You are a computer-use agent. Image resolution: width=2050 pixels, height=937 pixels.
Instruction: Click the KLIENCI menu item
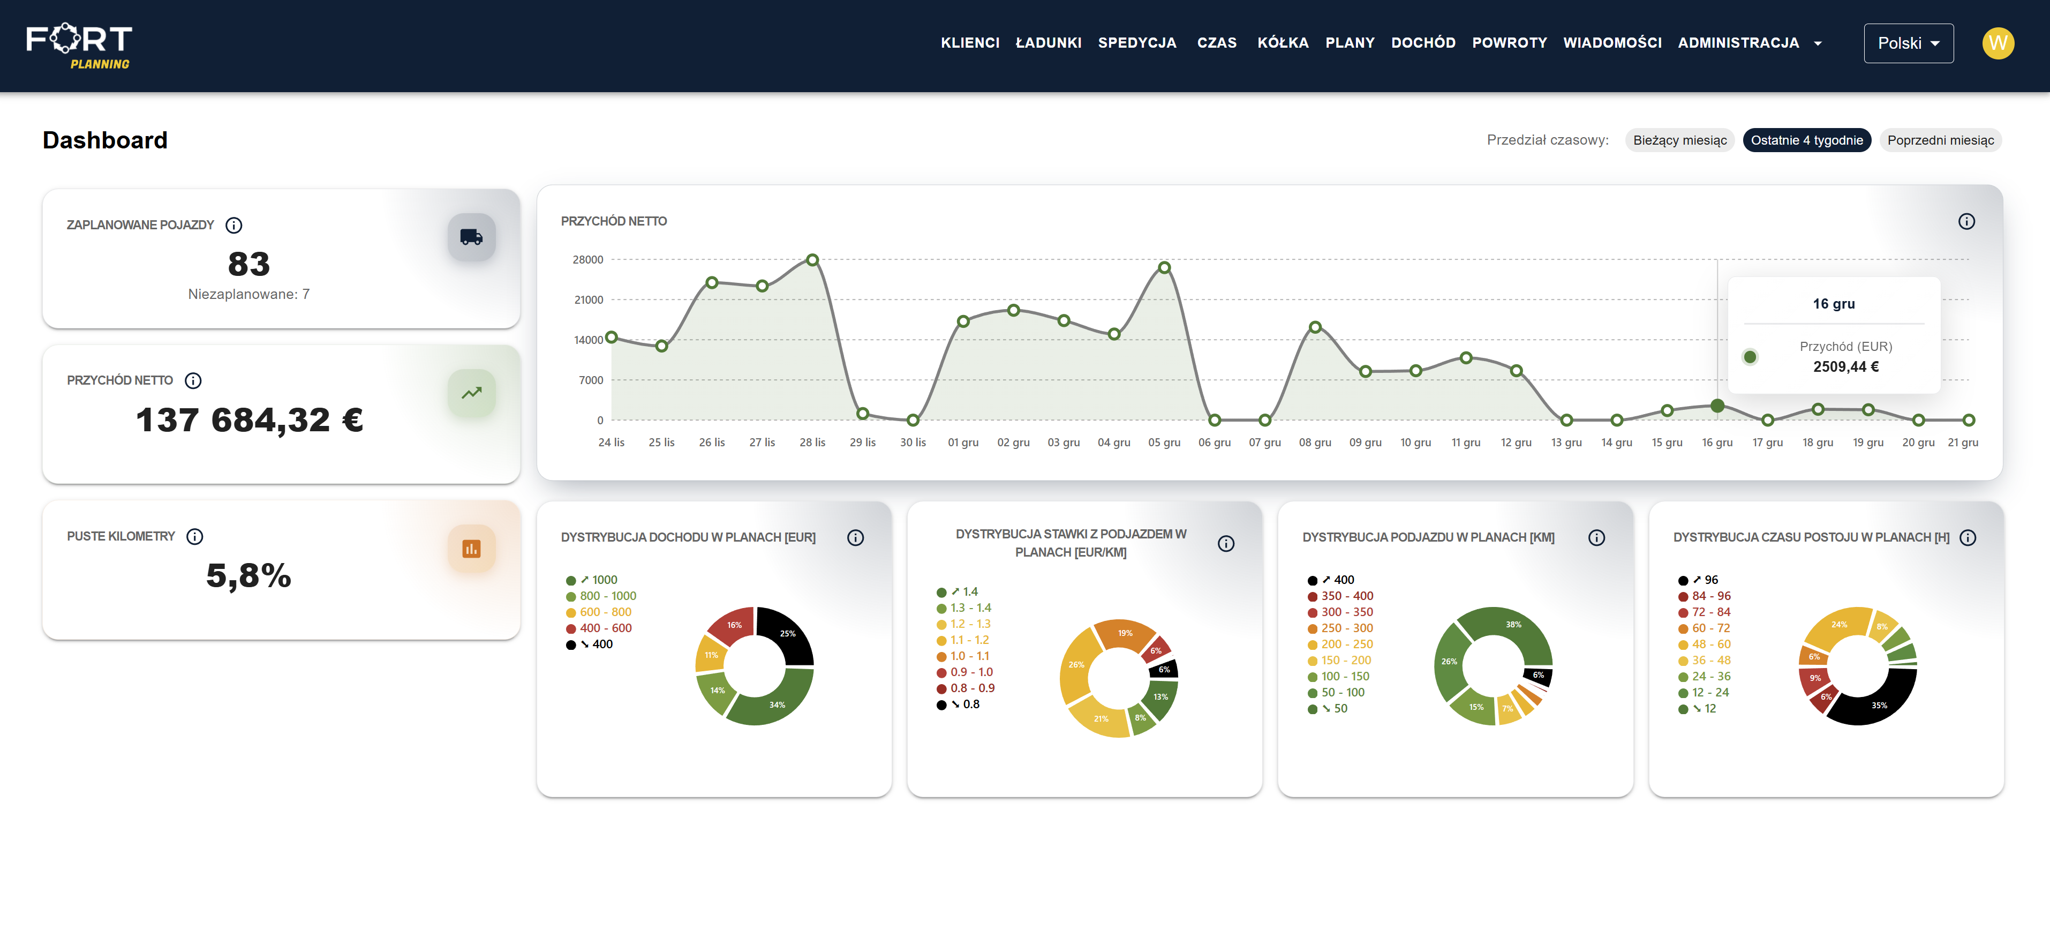point(969,43)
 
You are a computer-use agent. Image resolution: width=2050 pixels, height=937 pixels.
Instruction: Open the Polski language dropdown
point(1908,43)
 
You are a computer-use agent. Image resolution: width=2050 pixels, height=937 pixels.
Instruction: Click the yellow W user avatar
point(1998,43)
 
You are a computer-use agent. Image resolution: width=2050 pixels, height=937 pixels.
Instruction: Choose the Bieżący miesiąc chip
point(1679,140)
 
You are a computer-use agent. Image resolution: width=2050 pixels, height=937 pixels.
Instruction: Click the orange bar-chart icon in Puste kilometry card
point(471,549)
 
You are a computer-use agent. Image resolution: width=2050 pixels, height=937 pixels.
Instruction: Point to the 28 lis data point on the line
point(812,259)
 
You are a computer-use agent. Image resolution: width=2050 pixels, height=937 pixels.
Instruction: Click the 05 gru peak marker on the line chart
point(1164,267)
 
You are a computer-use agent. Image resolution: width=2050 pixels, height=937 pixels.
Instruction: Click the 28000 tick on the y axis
point(587,259)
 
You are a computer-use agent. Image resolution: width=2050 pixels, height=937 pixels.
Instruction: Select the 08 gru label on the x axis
point(1315,443)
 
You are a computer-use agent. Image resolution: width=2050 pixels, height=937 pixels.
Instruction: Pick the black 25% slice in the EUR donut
point(788,634)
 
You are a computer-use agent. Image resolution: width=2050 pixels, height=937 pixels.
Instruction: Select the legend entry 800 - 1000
point(607,596)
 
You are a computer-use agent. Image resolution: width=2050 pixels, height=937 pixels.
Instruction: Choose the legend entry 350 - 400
point(1346,596)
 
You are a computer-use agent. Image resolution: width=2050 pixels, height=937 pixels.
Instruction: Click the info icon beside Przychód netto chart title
point(1965,221)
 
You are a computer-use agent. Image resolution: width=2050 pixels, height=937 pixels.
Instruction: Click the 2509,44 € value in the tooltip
point(1845,367)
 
